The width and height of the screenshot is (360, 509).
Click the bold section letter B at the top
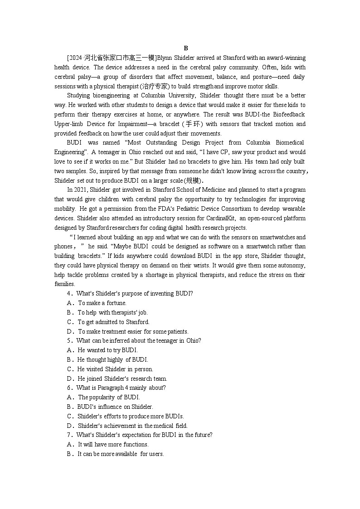[x=186, y=48]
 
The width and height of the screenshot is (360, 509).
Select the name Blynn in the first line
[x=164, y=58]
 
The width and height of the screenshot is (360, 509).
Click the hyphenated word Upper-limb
[x=68, y=124]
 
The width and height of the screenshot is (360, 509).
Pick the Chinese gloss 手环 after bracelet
[x=194, y=124]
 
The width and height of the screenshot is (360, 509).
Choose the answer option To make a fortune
[x=102, y=303]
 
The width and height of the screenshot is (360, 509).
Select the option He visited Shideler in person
[x=115, y=369]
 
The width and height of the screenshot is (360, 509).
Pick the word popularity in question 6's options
[x=103, y=398]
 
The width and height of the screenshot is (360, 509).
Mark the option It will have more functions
[x=113, y=445]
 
